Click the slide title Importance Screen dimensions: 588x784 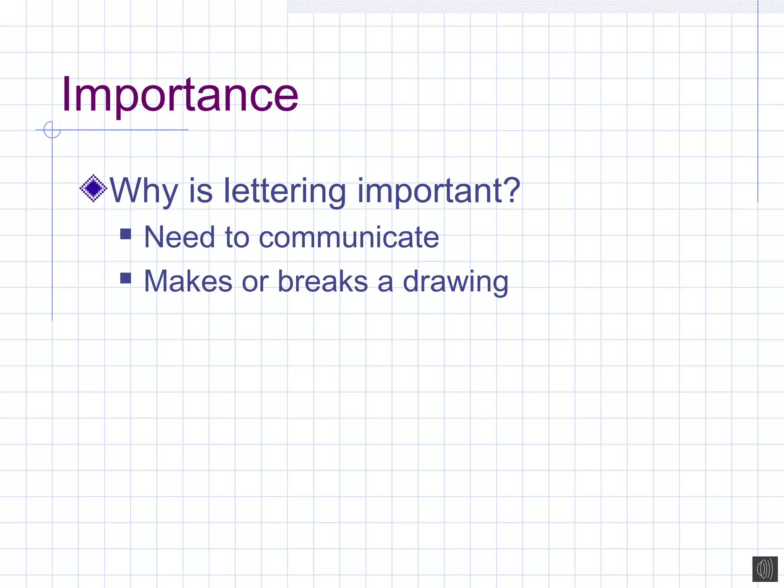180,95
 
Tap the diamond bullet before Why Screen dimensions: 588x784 93,188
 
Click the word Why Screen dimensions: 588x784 144,191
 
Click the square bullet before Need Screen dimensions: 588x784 126,234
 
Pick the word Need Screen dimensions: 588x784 179,237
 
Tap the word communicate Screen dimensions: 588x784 349,237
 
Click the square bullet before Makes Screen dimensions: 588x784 126,278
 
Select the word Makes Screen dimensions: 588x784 188,281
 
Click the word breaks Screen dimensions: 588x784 323,281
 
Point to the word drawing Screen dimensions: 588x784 456,282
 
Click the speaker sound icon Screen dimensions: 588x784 765,569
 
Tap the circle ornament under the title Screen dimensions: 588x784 52,129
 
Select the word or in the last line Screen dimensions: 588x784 255,282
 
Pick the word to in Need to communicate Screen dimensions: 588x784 237,237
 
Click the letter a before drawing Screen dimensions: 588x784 385,282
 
